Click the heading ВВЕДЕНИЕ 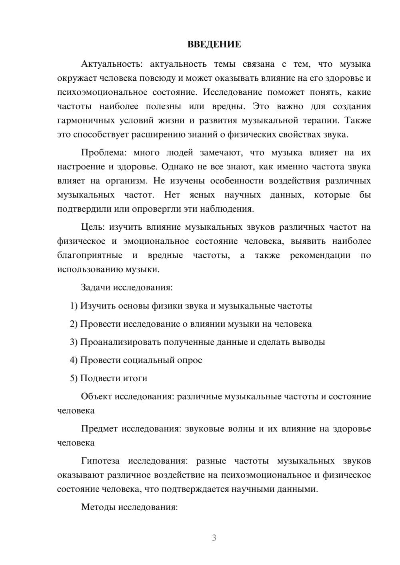point(214,44)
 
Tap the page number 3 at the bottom point(214,538)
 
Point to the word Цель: point(93,227)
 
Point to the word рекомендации point(320,255)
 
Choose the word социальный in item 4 point(148,360)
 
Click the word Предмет point(99,429)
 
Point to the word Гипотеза point(100,461)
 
